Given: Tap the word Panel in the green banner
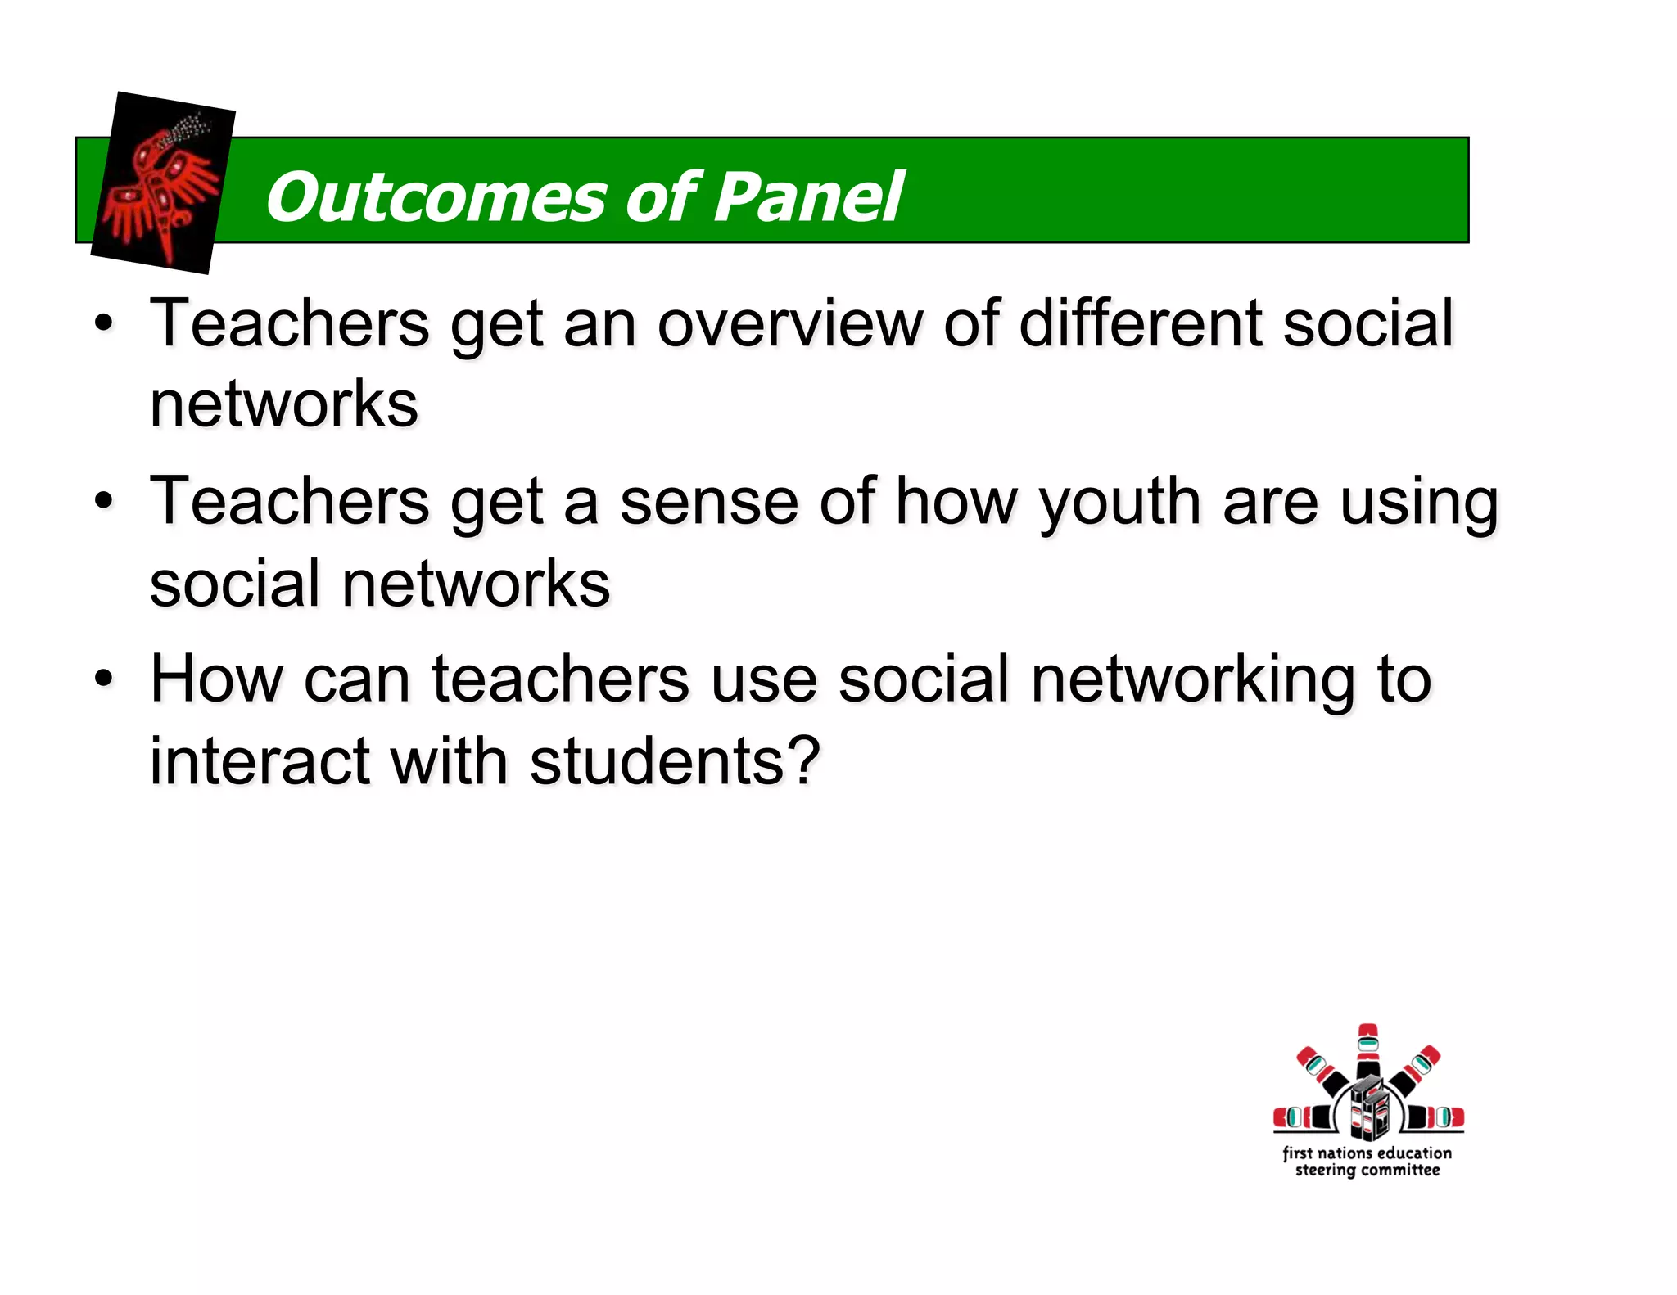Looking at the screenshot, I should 809,197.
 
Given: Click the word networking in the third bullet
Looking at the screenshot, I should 1192,680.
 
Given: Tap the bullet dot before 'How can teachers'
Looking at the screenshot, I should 103,678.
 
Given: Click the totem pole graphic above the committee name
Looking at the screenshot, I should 1368,1085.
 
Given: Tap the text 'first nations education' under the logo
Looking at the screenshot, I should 1367,1153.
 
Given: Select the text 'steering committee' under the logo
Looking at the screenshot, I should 1367,1171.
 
